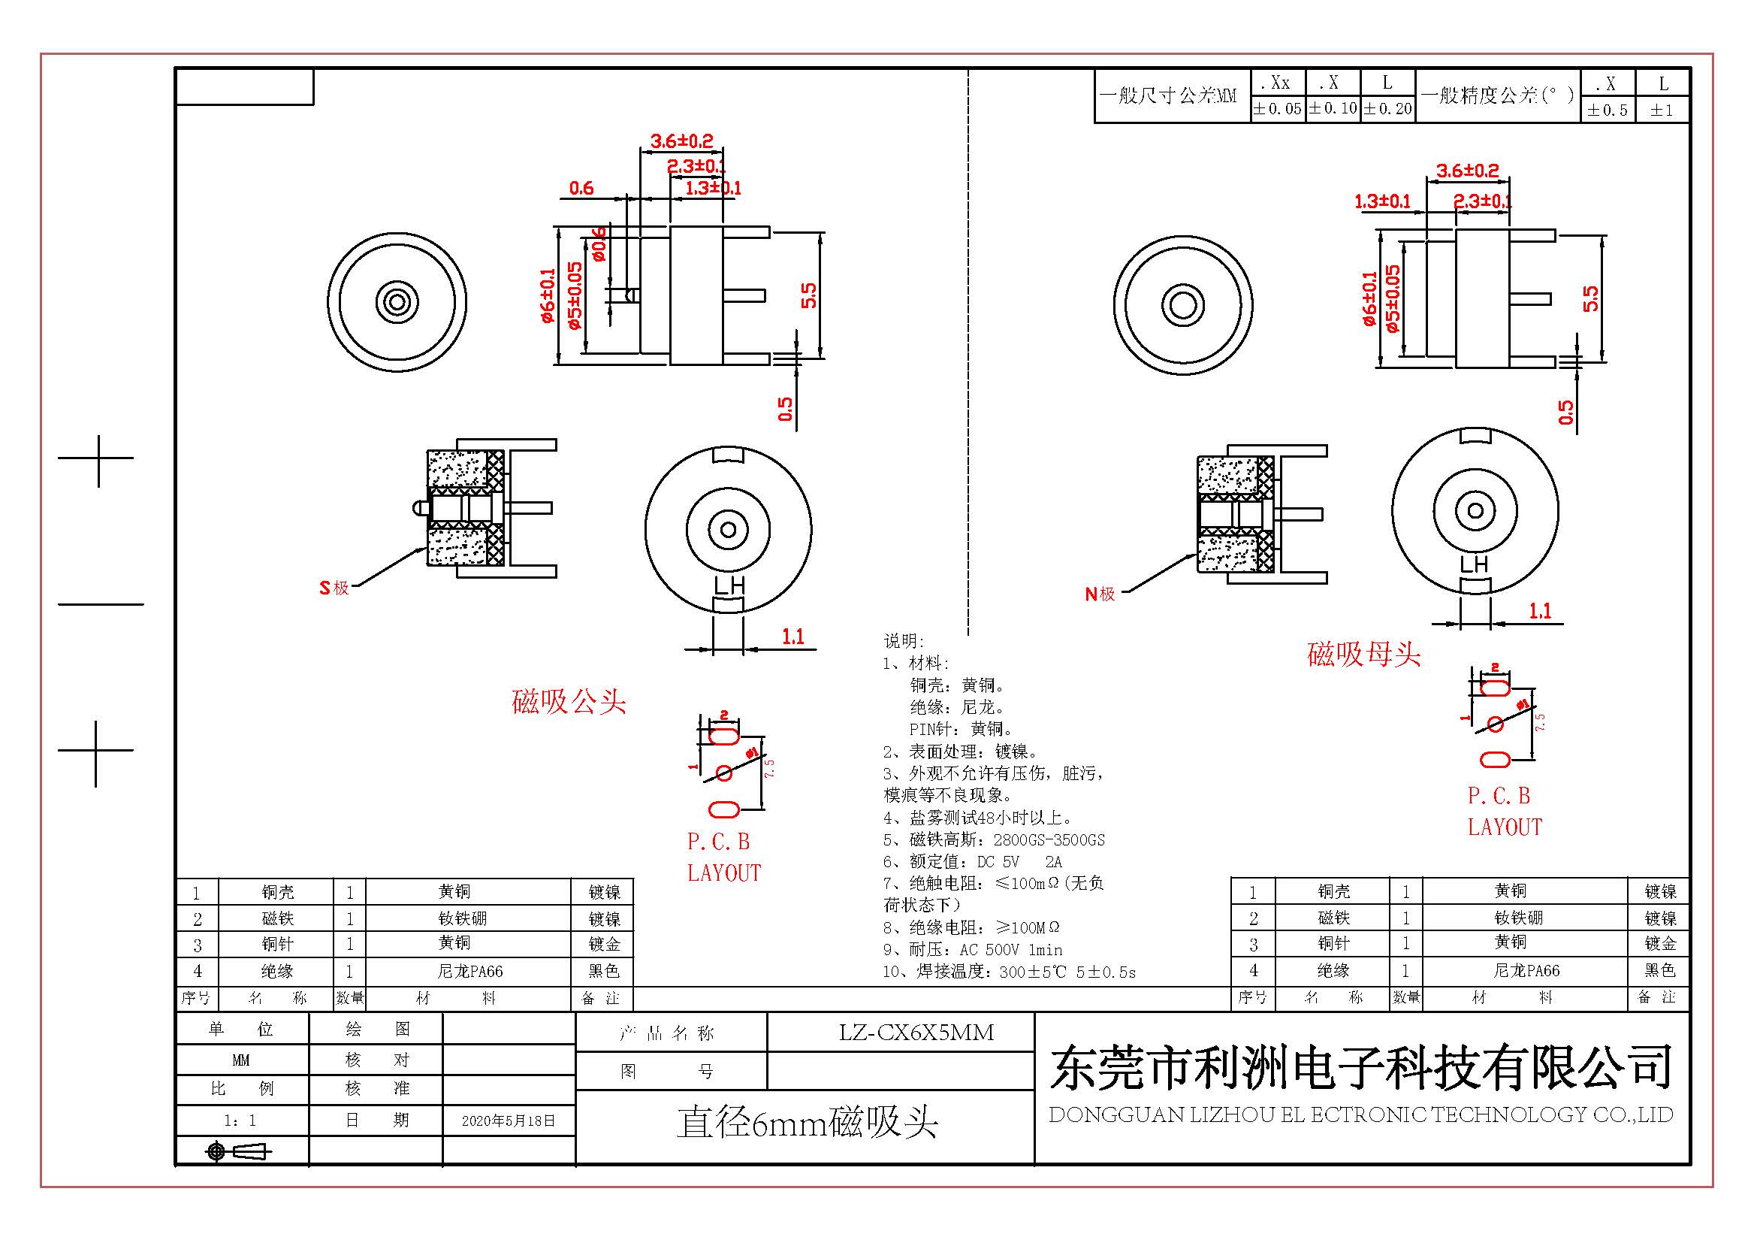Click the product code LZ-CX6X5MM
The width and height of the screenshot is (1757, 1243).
coord(916,1033)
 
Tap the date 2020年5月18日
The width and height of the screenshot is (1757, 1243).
coord(507,1121)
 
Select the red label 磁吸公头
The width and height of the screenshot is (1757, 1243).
coord(569,702)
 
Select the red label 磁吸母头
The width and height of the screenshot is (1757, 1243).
coord(1363,655)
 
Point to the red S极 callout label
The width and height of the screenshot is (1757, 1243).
coord(334,588)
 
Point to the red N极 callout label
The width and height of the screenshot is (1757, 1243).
coord(1100,594)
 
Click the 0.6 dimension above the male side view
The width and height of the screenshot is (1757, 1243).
coord(581,189)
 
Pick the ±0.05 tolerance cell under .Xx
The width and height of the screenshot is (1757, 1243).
coord(1276,109)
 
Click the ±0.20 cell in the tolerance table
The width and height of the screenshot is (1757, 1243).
coord(1387,109)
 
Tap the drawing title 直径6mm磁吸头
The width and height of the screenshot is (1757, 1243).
coord(807,1124)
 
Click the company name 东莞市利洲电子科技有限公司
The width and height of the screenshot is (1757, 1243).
coord(1360,1068)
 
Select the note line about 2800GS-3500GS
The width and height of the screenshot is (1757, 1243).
coord(994,839)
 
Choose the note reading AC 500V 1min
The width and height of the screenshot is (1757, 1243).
coord(973,950)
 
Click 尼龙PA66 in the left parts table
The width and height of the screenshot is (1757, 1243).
coord(469,971)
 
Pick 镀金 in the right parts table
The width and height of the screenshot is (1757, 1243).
coord(1660,944)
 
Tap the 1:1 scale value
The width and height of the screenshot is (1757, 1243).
coord(240,1121)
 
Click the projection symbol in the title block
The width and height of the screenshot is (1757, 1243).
coord(238,1151)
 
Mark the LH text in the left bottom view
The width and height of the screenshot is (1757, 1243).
coord(729,585)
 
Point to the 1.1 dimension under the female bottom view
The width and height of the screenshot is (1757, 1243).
coord(1540,611)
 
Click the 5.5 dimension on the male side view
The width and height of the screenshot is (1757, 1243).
coord(809,295)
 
